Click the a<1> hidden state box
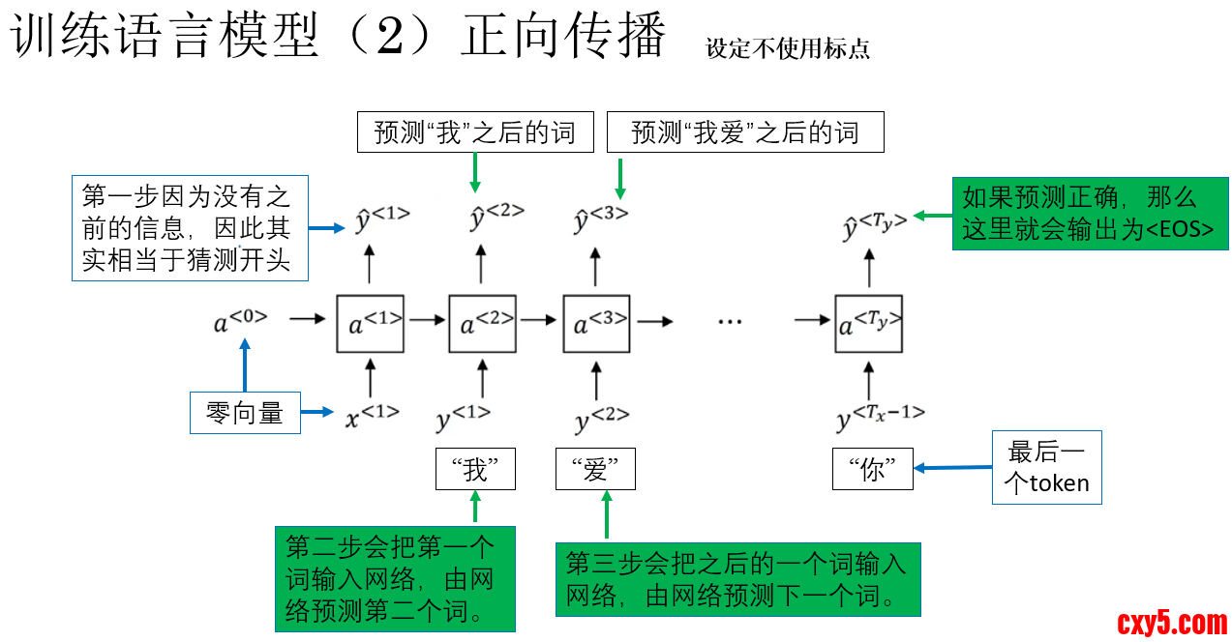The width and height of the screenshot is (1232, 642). [370, 324]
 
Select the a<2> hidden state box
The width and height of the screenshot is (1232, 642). [482, 324]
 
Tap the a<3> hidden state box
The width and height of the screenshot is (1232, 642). [597, 324]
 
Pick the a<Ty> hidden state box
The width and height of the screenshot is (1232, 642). [868, 324]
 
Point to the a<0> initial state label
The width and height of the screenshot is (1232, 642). [240, 320]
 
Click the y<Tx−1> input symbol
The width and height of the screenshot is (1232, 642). [880, 417]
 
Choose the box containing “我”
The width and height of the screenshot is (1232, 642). [475, 470]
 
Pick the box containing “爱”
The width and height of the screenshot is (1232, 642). [595, 470]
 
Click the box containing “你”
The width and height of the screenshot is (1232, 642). [872, 470]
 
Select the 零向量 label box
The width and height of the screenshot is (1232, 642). [245, 413]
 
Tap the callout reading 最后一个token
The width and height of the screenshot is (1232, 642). [1046, 467]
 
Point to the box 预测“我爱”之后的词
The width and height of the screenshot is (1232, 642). [745, 132]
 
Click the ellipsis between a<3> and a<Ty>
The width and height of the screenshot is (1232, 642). [730, 320]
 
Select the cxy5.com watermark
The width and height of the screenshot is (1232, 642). [1172, 622]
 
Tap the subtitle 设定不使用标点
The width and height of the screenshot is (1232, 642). [787, 48]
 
